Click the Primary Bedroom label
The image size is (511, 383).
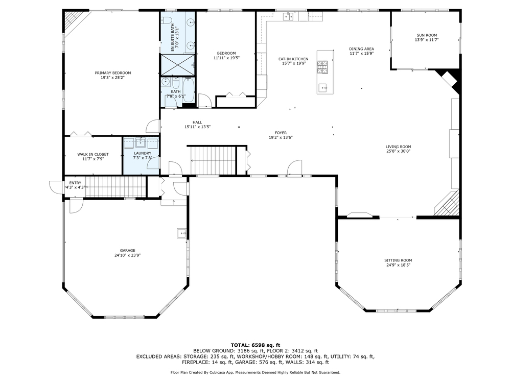113,73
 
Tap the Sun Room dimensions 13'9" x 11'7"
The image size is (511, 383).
427,40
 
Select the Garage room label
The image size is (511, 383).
127,250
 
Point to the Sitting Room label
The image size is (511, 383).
398,260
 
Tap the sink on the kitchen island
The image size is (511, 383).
323,88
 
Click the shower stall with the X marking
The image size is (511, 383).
178,64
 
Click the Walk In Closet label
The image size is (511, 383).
93,154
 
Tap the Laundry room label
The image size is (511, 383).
143,153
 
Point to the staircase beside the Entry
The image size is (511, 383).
115,186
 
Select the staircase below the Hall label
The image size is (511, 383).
213,160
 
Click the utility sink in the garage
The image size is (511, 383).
181,233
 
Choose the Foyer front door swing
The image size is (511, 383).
295,167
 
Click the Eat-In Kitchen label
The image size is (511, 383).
293,59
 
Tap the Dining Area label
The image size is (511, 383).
361,49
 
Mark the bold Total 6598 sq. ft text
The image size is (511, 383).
255,345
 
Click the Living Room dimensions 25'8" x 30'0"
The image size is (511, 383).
398,151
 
